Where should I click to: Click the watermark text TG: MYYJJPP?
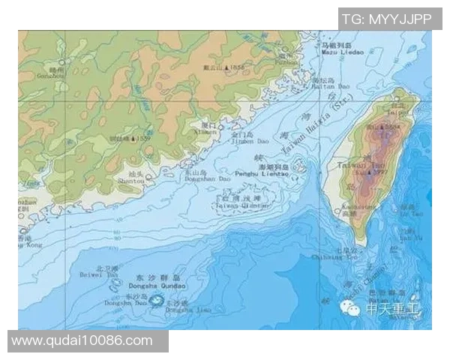[386, 19]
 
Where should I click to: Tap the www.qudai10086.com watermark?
[82, 341]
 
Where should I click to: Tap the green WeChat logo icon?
[350, 307]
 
